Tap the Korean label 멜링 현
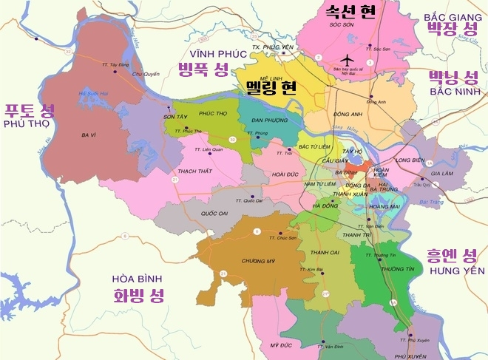tap(271, 86)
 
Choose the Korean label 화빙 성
tap(139, 296)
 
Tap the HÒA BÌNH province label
tap(139, 279)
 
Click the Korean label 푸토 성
tap(30, 112)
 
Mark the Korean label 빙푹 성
tap(203, 70)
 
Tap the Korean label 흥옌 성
tap(452, 257)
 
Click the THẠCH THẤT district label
tap(196, 171)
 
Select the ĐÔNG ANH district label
tap(348, 115)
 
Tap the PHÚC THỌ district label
tap(212, 114)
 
